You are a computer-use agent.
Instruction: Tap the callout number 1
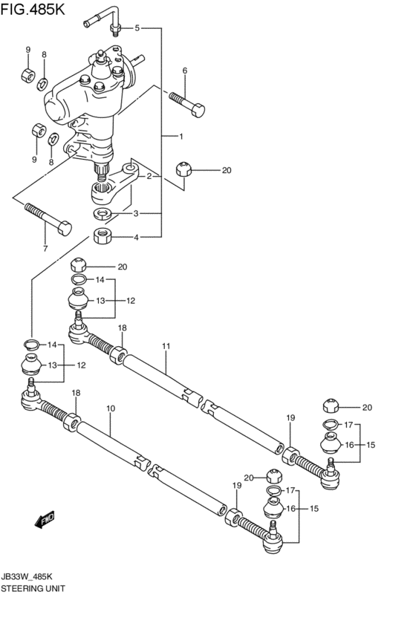click(x=180, y=137)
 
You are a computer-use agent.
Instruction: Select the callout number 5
click(x=137, y=28)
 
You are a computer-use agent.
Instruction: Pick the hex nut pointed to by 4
click(x=103, y=238)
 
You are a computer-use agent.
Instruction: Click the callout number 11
click(x=166, y=345)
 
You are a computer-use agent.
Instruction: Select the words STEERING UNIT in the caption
click(x=33, y=587)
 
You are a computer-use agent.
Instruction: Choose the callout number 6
click(x=184, y=71)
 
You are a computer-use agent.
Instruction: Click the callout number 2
click(x=149, y=176)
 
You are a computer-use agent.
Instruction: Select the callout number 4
click(x=136, y=238)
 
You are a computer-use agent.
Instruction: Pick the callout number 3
click(x=136, y=214)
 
